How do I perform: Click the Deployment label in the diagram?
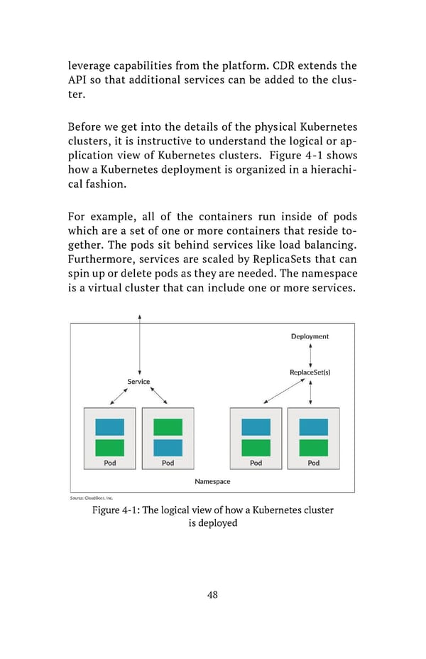coord(310,336)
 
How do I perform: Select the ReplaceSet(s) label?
coord(310,373)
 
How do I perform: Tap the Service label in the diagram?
coord(138,382)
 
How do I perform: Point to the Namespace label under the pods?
coord(212,481)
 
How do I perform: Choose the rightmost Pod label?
coord(313,463)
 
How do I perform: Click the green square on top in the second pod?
coord(168,427)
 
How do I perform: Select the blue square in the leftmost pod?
coord(110,427)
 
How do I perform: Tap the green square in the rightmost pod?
coord(313,447)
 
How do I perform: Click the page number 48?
coord(212,595)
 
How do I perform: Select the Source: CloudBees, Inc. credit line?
coord(90,498)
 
